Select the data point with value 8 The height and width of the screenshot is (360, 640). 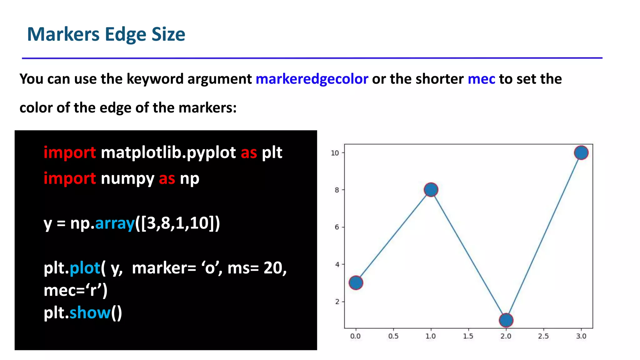pos(431,190)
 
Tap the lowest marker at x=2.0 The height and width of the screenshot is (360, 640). pos(506,320)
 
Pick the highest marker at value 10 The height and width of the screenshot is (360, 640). pos(581,153)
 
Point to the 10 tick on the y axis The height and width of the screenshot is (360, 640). pos(335,153)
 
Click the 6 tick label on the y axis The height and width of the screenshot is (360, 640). pos(337,227)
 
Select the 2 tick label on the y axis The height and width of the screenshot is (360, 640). pos(337,302)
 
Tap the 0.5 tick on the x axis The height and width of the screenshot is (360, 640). pos(393,336)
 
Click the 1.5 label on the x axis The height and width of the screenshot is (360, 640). pos(468,336)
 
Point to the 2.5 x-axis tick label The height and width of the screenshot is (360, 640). pos(543,336)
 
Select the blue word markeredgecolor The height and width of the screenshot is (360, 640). pos(312,79)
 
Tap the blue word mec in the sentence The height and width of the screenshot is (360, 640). pos(481,79)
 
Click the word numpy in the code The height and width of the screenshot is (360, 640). pos(127,179)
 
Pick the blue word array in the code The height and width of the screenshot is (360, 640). pos(115,223)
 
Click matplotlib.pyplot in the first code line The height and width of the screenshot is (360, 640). pos(168,153)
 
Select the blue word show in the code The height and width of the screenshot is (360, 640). pos(90,313)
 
